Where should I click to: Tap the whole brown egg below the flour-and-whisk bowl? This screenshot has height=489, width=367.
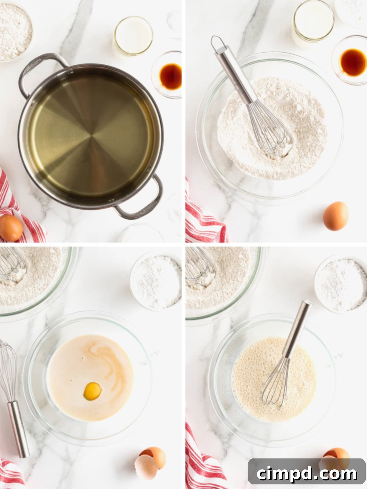[x=335, y=216]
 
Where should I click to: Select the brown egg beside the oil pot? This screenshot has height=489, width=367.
[x=11, y=228]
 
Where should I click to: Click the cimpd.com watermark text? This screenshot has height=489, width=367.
[x=307, y=474]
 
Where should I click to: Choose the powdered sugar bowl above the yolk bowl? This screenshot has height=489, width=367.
[x=156, y=281]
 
